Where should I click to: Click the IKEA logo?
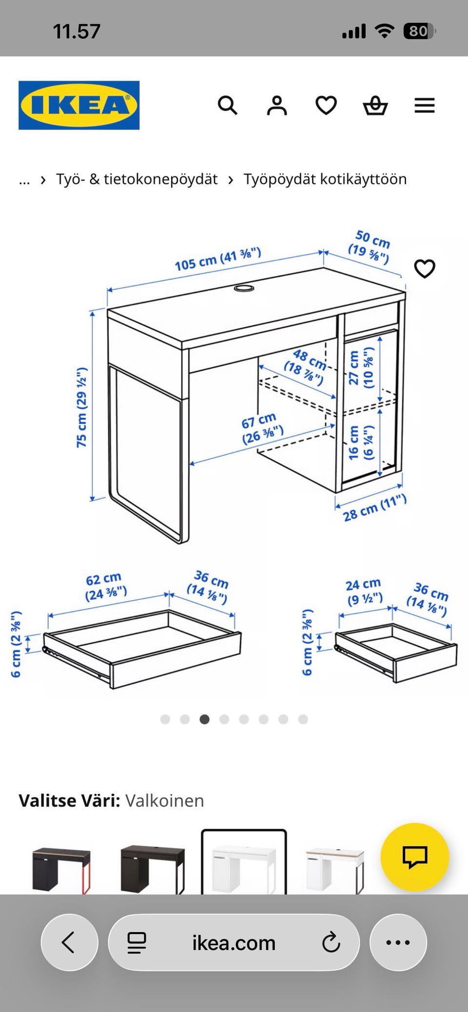coord(79,105)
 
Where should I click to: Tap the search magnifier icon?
coord(227,105)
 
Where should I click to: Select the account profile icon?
coord(277,105)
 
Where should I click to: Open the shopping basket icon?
coord(375,105)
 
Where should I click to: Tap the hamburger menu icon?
coord(425,105)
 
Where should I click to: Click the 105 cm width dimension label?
coord(218,259)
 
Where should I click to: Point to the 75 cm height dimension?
coord(81,407)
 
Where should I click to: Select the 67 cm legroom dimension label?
coord(262,428)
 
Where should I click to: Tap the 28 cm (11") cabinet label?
coord(374,507)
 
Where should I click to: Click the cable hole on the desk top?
coord(244,288)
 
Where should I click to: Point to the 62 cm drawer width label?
coord(105,586)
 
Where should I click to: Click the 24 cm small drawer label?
coord(364,591)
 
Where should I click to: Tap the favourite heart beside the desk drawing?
coord(425,269)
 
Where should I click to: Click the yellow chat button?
coord(414,857)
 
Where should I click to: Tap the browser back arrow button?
coord(69,942)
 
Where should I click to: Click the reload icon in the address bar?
coord(331,942)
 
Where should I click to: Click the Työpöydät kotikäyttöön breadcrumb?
coord(325,179)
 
